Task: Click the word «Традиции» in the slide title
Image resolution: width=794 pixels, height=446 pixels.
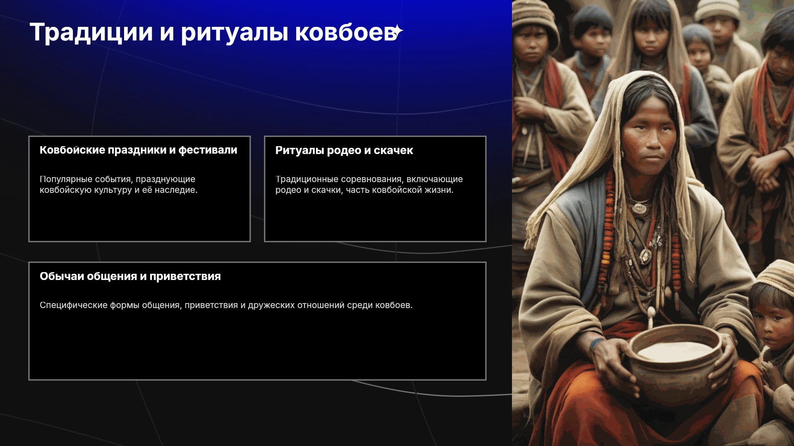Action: point(91,32)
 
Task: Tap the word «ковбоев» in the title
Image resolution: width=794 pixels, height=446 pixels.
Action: point(346,32)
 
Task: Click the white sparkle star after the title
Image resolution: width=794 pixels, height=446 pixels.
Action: point(397,31)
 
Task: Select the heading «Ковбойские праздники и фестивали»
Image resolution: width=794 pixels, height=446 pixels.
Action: point(139,150)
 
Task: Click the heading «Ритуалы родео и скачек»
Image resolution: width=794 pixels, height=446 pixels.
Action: point(344,150)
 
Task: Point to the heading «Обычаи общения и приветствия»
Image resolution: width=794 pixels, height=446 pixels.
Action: point(130,276)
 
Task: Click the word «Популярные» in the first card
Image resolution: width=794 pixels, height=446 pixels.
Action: point(66,179)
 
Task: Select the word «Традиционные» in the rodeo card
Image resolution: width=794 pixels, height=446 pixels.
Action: point(307,179)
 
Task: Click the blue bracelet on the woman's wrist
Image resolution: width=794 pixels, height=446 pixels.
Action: point(595,344)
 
